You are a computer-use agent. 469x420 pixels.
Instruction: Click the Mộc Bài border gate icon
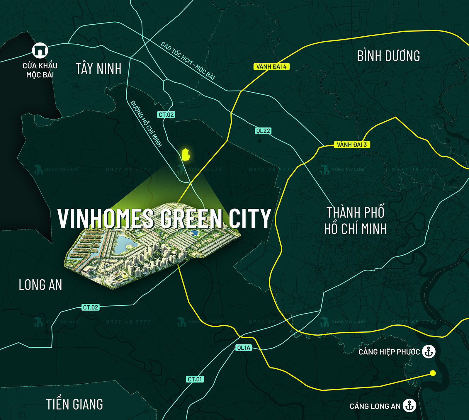40,50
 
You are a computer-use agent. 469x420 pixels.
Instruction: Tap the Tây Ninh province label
98,69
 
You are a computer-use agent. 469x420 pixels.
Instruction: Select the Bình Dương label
388,56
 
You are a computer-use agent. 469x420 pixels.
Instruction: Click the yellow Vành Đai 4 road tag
271,67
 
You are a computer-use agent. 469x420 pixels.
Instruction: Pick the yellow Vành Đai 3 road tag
352,144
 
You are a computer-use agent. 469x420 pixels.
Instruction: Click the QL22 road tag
263,131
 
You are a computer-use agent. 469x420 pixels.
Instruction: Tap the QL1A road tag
244,348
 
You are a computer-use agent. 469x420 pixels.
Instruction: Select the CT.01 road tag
195,379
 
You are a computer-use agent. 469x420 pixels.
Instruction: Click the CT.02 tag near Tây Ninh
166,115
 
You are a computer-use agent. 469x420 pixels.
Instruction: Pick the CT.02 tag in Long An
91,307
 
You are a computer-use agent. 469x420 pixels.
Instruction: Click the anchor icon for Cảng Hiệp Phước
429,351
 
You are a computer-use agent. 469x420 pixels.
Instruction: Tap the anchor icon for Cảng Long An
409,406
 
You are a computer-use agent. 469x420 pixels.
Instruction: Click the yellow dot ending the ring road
433,373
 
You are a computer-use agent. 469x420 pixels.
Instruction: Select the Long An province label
40,285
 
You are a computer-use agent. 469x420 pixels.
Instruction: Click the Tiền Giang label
74,404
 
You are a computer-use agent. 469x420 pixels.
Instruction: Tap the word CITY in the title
249,218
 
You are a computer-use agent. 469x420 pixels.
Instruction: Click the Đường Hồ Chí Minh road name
146,123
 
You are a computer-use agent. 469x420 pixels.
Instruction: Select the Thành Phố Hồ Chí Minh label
355,221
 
